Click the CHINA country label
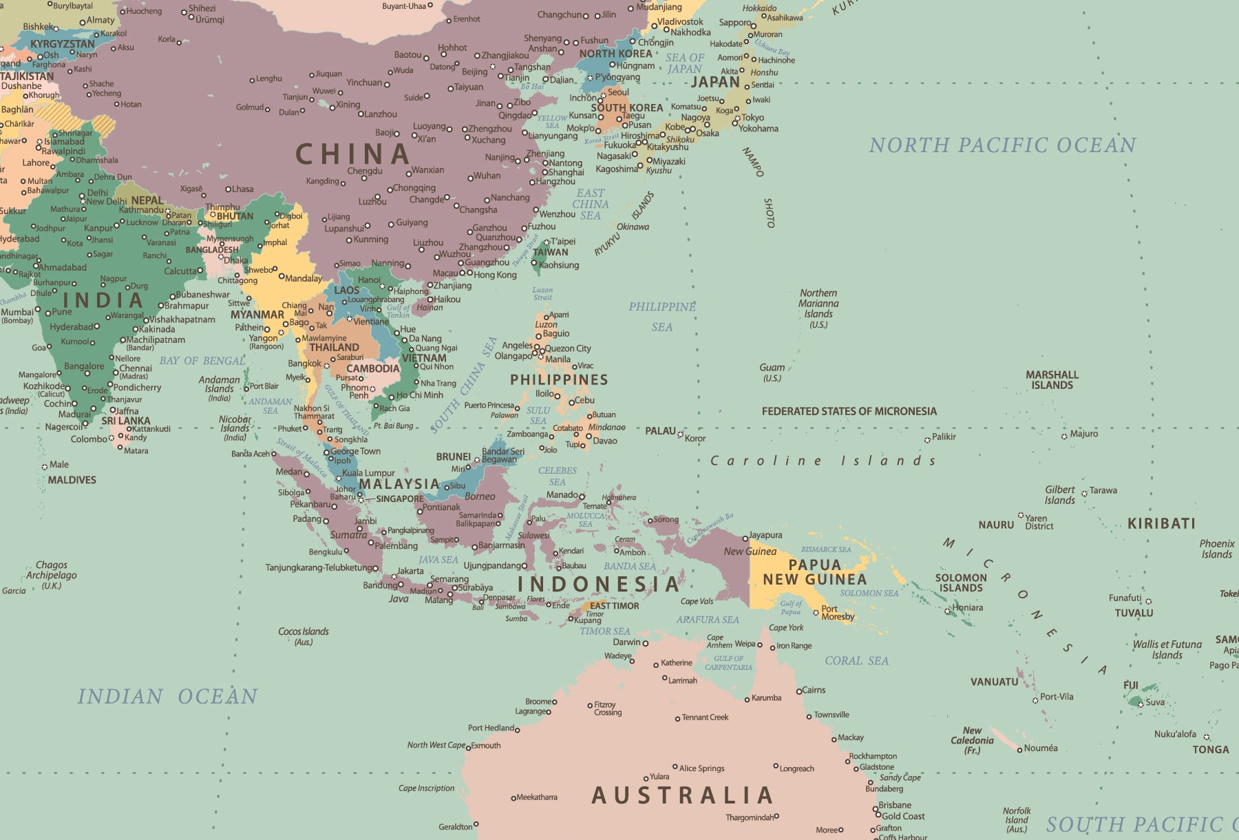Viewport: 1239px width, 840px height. pyautogui.click(x=353, y=154)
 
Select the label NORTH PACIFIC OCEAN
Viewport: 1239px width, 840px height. pyautogui.click(x=1002, y=145)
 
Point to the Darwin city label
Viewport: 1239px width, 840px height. pyautogui.click(x=626, y=642)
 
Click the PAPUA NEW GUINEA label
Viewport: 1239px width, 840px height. pyautogui.click(x=814, y=572)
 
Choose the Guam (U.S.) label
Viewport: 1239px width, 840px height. pyautogui.click(x=772, y=372)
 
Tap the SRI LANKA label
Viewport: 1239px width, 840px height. pyautogui.click(x=125, y=421)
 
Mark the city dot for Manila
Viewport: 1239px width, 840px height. pyautogui.click(x=541, y=357)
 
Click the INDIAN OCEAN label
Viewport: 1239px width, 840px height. pyautogui.click(x=167, y=696)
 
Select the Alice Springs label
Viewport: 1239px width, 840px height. pyautogui.click(x=701, y=768)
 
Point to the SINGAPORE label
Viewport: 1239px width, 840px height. pyautogui.click(x=400, y=498)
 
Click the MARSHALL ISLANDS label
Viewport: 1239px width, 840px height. pyautogui.click(x=1052, y=379)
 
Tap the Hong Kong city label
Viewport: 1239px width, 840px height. pyautogui.click(x=495, y=275)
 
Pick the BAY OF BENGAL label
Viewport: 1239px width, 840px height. pyautogui.click(x=202, y=361)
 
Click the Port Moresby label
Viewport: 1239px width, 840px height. pyautogui.click(x=837, y=612)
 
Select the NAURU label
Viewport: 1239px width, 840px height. pyautogui.click(x=996, y=525)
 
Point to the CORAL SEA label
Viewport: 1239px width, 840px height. pyautogui.click(x=856, y=660)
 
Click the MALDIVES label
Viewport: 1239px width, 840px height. pyautogui.click(x=72, y=480)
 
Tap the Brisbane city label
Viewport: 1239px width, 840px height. pyautogui.click(x=894, y=805)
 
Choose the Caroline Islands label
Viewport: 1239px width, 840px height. pyautogui.click(x=823, y=461)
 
